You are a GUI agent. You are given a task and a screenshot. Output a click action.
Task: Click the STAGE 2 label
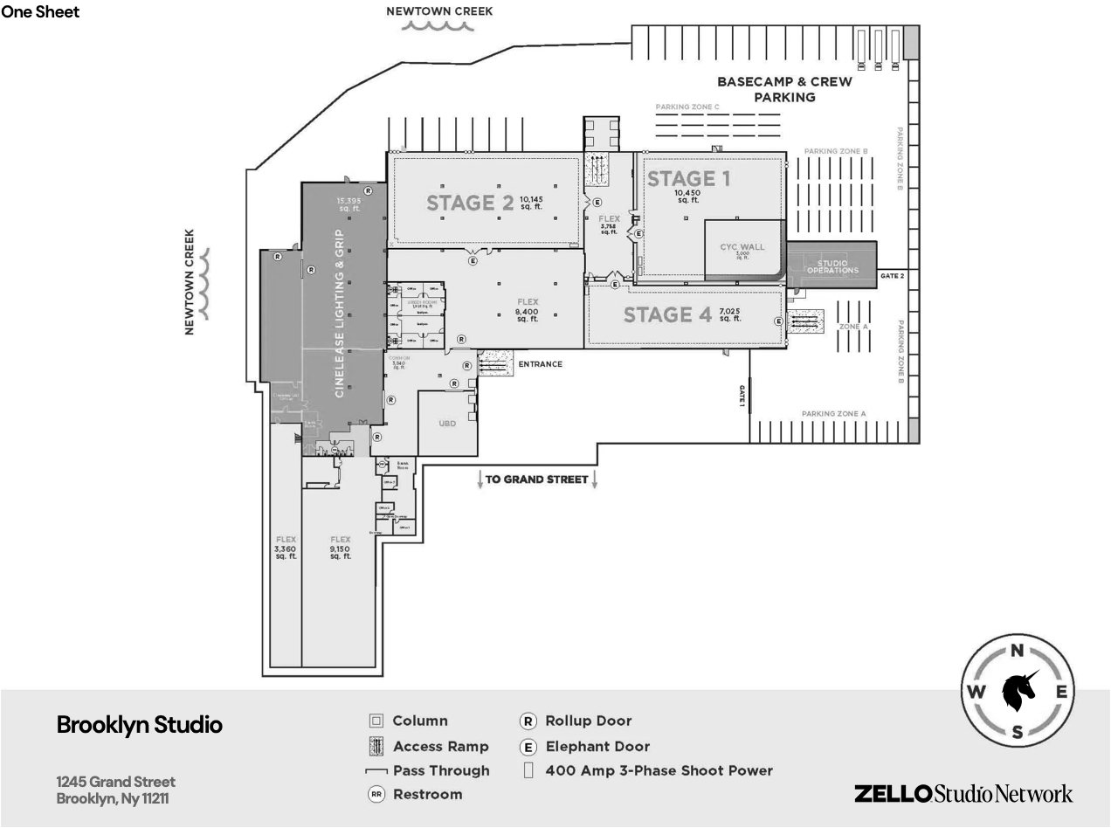pyautogui.click(x=470, y=203)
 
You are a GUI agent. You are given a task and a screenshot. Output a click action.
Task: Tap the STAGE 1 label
pyautogui.click(x=688, y=179)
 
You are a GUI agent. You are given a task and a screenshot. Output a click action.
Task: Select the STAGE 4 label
pyautogui.click(x=667, y=314)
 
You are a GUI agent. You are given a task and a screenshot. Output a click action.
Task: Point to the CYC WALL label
pyautogui.click(x=742, y=247)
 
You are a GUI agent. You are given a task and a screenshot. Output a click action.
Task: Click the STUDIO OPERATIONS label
pyautogui.click(x=832, y=266)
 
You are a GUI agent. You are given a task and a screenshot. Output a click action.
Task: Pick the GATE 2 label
pyautogui.click(x=892, y=276)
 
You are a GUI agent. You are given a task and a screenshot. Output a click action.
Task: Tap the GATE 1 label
pyautogui.click(x=742, y=397)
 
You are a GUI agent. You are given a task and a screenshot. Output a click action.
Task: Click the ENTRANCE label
pyautogui.click(x=540, y=364)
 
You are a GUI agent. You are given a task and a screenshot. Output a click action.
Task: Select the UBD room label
pyautogui.click(x=447, y=424)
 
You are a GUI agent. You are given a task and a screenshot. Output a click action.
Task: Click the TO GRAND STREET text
pyautogui.click(x=536, y=480)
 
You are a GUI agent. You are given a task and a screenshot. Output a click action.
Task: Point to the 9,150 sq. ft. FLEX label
pyautogui.click(x=340, y=548)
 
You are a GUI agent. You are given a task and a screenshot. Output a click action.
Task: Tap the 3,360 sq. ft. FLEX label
pyautogui.click(x=286, y=548)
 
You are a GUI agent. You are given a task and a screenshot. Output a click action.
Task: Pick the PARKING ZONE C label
pyautogui.click(x=687, y=107)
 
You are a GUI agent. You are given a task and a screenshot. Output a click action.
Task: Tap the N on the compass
pyautogui.click(x=1017, y=651)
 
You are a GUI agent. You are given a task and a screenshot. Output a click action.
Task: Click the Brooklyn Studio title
pyautogui.click(x=140, y=725)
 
